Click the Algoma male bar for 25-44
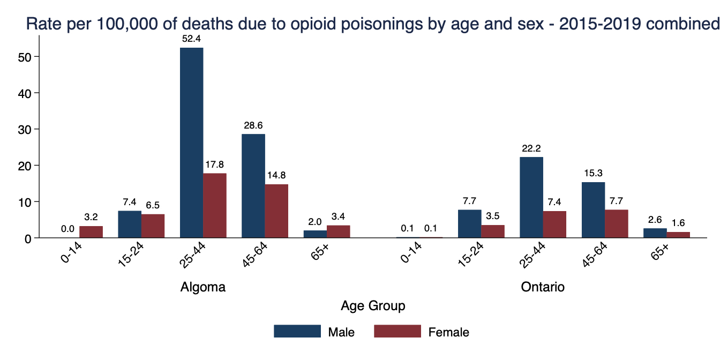[x=191, y=142]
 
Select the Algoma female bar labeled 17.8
[x=215, y=205]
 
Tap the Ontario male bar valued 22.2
[x=531, y=197]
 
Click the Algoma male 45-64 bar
[x=253, y=185]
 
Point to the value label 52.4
[x=191, y=39]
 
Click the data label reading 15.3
[x=594, y=174]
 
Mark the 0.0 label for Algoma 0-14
[x=67, y=229]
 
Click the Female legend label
[x=449, y=332]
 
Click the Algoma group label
[x=202, y=287]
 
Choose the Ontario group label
[x=543, y=287]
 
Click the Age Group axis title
[x=373, y=306]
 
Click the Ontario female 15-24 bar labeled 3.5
[x=493, y=231]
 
